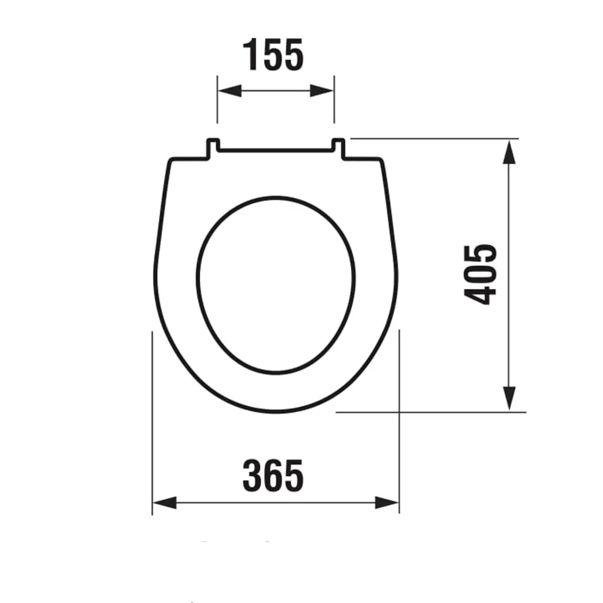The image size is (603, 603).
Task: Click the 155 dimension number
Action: [x=273, y=55]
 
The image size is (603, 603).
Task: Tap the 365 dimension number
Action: [x=273, y=476]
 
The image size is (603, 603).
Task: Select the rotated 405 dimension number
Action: [x=481, y=274]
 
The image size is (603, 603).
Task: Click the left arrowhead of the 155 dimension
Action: [x=230, y=91]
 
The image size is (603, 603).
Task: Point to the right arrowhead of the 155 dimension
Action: [x=322, y=91]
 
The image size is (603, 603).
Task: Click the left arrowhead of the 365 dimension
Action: [x=165, y=503]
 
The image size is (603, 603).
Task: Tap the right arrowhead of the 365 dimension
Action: [x=387, y=503]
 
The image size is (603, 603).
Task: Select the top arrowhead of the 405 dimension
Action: [x=509, y=152]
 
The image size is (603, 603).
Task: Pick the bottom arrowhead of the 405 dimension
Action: [x=509, y=399]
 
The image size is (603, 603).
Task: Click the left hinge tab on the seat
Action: [x=213, y=148]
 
